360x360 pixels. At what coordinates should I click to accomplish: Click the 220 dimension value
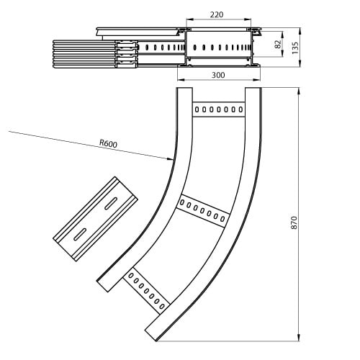(x=217, y=14)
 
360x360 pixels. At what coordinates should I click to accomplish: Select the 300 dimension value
(x=218, y=75)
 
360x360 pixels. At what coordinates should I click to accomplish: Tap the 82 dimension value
(x=278, y=44)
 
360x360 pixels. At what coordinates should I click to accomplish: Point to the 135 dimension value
(x=295, y=48)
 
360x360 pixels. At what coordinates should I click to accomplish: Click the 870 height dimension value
(x=294, y=222)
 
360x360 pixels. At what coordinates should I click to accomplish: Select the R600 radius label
(x=109, y=143)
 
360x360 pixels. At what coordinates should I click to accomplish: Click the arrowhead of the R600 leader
(x=170, y=158)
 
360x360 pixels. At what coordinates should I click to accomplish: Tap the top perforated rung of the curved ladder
(x=218, y=109)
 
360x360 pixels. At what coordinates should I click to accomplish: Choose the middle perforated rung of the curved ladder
(x=203, y=211)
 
